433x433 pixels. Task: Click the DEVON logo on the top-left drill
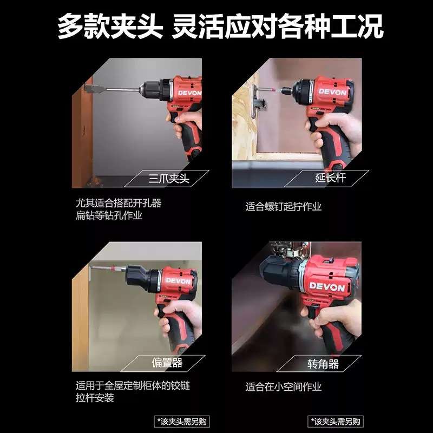pyautogui.click(x=189, y=93)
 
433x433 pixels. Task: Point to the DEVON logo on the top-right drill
pyautogui.click(x=332, y=91)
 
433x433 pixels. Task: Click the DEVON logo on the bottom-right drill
pyautogui.click(x=326, y=287)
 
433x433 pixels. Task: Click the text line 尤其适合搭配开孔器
pyautogui.click(x=118, y=204)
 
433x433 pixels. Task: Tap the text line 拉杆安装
pyautogui.click(x=95, y=398)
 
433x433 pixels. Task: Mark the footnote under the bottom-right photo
pyautogui.click(x=336, y=421)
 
